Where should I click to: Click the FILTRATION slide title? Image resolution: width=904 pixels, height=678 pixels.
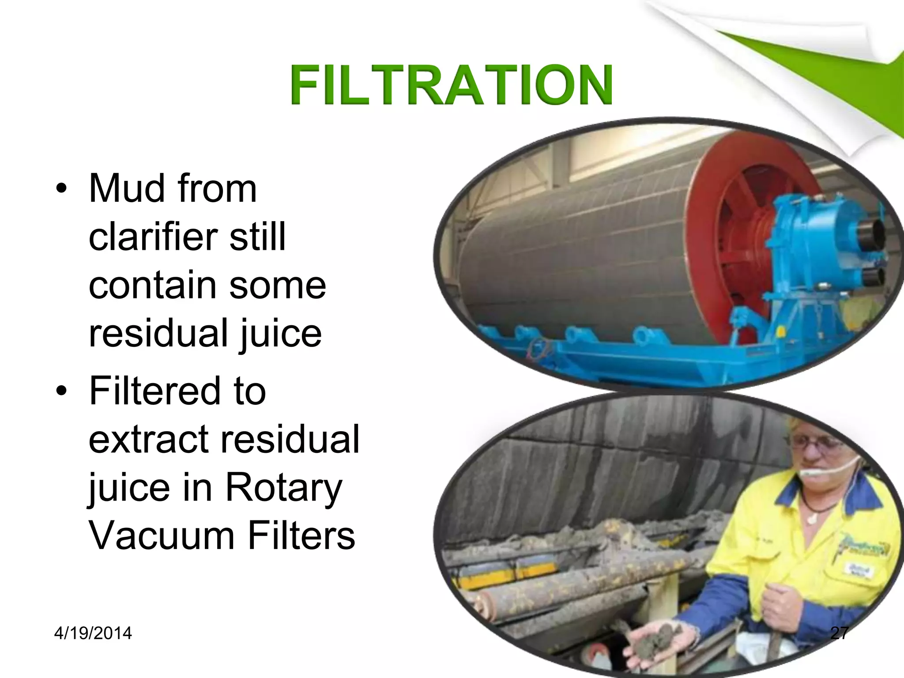click(x=451, y=85)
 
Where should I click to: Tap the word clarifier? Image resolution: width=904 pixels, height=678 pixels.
click(x=153, y=237)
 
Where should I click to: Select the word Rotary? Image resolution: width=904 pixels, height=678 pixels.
click(x=283, y=488)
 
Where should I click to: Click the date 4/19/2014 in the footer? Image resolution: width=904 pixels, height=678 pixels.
click(x=93, y=633)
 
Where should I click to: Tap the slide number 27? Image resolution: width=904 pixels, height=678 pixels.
click(x=839, y=633)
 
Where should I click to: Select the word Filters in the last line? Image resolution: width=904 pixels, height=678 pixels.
click(x=301, y=535)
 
